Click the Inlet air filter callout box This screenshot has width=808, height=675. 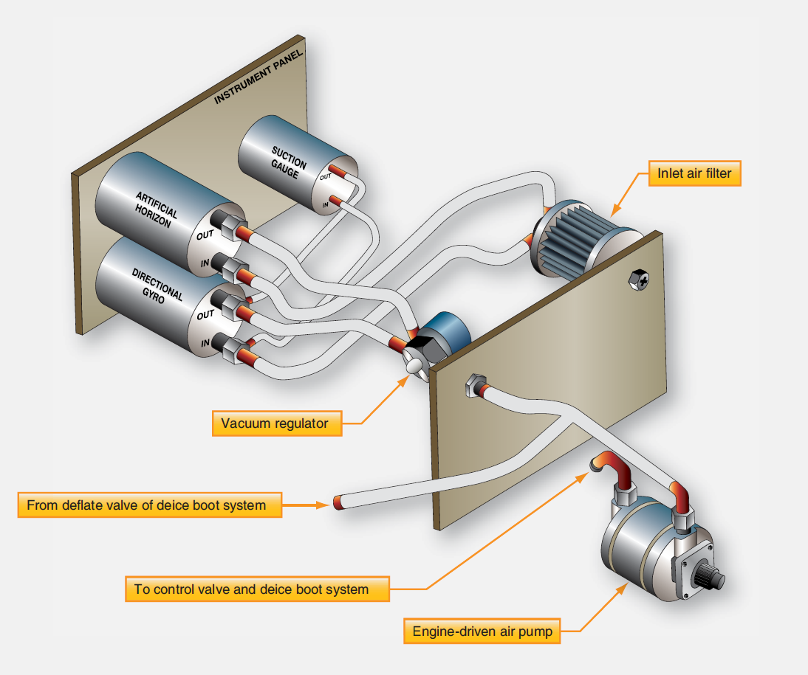(694, 175)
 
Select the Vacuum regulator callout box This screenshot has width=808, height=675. (276, 423)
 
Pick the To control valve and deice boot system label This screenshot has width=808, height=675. (257, 589)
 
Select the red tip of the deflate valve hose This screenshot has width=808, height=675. (340, 503)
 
